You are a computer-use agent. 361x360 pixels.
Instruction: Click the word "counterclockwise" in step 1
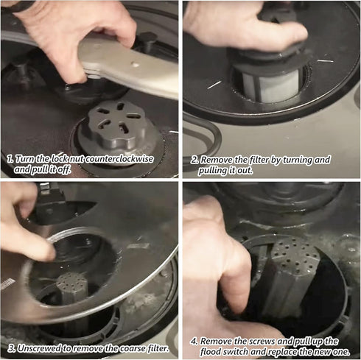120,159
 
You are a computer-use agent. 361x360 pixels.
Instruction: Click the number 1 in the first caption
10,159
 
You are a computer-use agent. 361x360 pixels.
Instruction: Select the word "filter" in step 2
259,160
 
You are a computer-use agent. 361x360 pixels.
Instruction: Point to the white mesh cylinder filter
270,86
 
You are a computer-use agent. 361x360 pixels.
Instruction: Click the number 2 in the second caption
194,160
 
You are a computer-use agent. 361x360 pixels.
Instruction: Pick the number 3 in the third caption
11,349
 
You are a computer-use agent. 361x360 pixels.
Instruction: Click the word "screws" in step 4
262,341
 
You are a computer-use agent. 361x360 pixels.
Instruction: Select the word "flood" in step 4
210,352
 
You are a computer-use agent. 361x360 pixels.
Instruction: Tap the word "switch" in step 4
235,352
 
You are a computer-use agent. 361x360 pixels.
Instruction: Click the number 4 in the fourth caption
194,342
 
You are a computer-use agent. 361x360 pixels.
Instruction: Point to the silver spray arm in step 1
127,65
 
